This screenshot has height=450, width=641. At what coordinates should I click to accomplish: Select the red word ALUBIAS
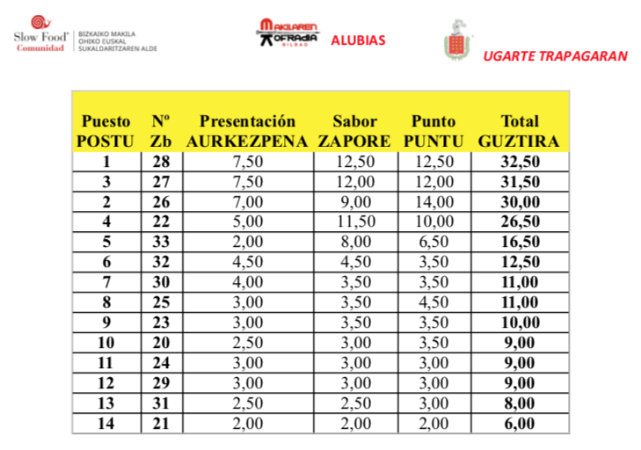tap(358, 40)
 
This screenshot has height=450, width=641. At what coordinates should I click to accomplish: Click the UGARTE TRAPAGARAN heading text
tap(555, 56)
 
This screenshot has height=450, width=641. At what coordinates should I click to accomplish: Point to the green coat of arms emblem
tap(456, 41)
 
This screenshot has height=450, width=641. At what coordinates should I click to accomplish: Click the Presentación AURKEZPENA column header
tap(247, 131)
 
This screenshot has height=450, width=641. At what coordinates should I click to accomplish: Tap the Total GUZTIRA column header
tap(519, 131)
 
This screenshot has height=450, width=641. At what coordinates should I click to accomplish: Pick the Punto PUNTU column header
tap(433, 131)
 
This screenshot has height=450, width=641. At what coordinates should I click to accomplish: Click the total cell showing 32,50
tap(519, 162)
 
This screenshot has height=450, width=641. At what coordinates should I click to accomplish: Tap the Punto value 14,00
tap(433, 200)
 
